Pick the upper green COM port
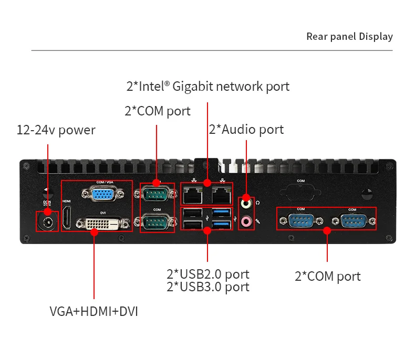(x=157, y=195)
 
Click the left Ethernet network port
(x=193, y=196)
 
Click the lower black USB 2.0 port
(x=193, y=225)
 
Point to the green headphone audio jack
(x=245, y=202)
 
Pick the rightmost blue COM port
(x=351, y=220)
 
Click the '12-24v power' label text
(x=56, y=130)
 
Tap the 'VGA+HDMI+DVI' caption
(x=94, y=311)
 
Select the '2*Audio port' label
(x=246, y=130)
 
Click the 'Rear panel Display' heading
(x=349, y=36)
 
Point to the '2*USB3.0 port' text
(x=207, y=287)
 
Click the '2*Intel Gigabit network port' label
(x=207, y=86)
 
